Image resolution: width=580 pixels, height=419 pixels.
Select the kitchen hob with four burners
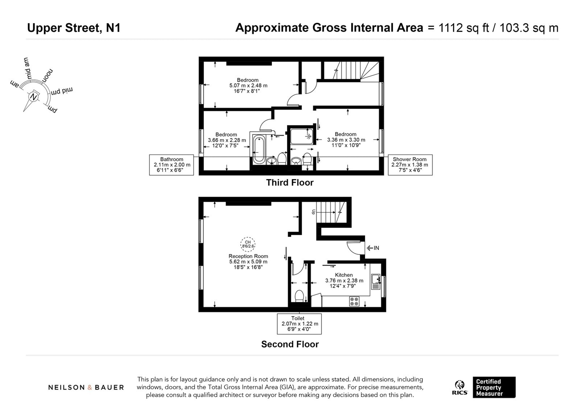click(354, 301)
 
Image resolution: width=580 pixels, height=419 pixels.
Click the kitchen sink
click(375, 281)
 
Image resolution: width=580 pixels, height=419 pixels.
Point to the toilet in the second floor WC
click(299, 296)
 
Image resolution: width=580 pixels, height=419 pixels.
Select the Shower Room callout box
click(410, 165)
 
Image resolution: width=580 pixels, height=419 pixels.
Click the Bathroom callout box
click(171, 165)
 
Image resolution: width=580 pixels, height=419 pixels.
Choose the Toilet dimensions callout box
click(299, 324)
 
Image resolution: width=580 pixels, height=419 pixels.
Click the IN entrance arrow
click(373, 248)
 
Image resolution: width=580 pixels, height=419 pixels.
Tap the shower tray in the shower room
click(302, 137)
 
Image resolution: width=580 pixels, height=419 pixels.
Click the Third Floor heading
click(290, 183)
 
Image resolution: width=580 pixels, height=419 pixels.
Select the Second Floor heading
click(290, 344)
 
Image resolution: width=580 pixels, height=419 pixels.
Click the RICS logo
click(460, 387)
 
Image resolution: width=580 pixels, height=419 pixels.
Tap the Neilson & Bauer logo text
click(86, 387)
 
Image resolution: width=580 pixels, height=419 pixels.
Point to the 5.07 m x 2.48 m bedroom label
click(248, 85)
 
